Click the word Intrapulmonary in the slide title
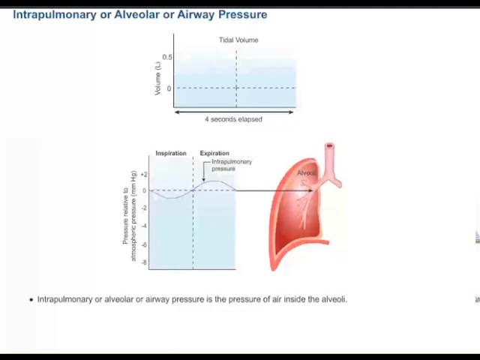click(x=54, y=14)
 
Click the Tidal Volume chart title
click(x=238, y=40)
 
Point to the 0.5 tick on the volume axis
click(x=167, y=57)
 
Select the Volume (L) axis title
click(x=157, y=78)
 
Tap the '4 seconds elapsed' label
click(x=233, y=119)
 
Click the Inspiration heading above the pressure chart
click(x=171, y=153)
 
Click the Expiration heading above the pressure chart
click(x=214, y=153)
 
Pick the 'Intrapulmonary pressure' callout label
click(x=232, y=165)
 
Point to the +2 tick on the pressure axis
click(x=143, y=174)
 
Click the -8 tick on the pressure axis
click(x=143, y=262)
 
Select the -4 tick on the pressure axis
click(x=143, y=226)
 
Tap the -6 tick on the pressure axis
click(x=143, y=244)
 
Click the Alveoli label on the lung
click(x=307, y=173)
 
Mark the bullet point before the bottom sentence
click(x=31, y=299)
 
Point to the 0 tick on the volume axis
click(x=169, y=88)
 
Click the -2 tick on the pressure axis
click(x=143, y=208)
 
